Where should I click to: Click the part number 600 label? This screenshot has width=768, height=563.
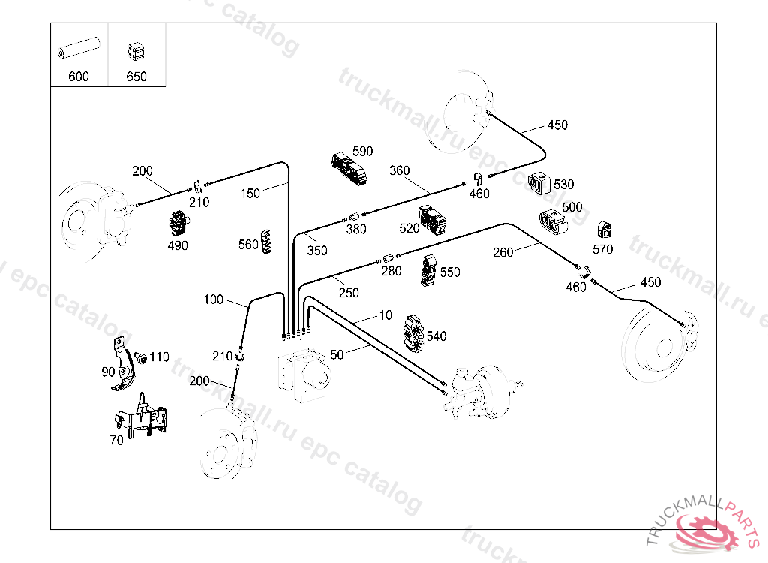point(78,77)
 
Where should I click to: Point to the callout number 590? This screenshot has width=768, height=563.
point(362,152)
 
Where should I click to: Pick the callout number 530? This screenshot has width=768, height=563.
point(563,185)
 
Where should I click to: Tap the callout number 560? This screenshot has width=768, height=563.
point(248,244)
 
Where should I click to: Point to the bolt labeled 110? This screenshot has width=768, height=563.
point(139,356)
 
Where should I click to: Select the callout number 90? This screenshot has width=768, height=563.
point(109,371)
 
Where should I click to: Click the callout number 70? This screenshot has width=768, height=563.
point(116,441)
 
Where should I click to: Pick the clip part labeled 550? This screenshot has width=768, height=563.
point(429,271)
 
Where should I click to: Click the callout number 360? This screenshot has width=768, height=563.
point(400,170)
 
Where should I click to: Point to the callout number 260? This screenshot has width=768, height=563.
point(503,252)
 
